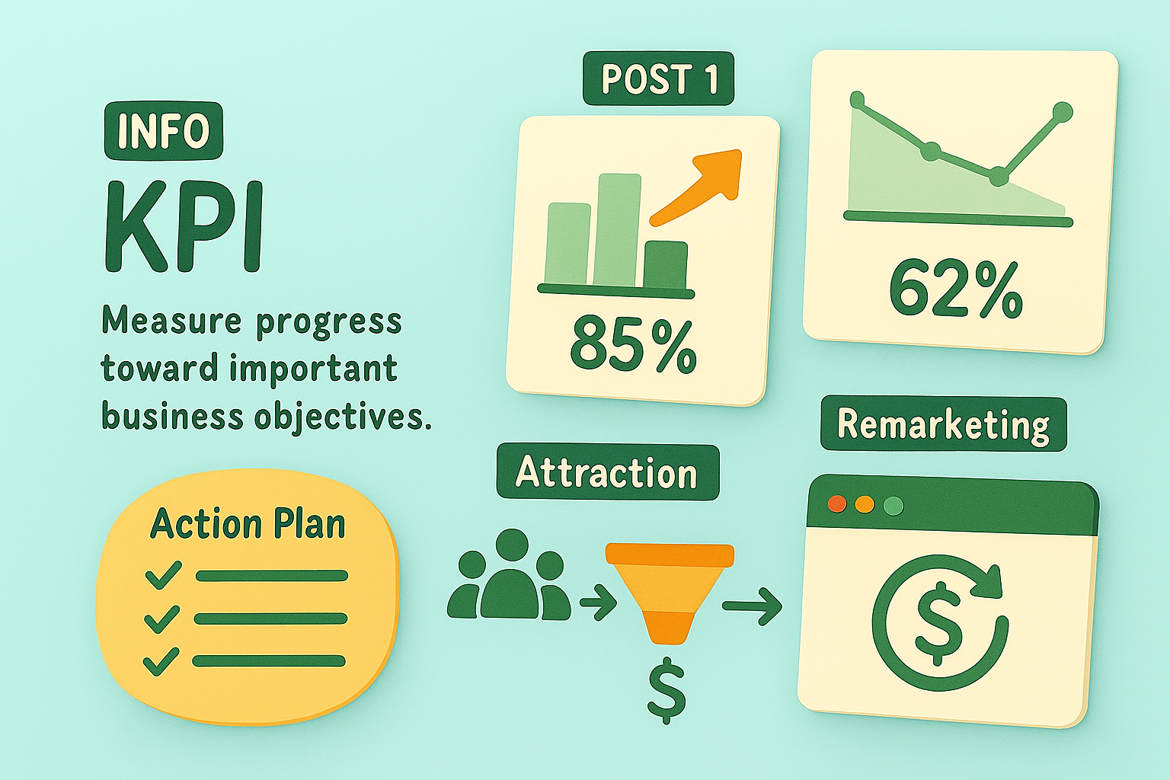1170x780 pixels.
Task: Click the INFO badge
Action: [164, 130]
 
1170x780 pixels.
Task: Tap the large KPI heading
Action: [184, 226]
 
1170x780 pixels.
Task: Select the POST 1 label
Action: [659, 78]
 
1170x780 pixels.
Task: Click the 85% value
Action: [633, 345]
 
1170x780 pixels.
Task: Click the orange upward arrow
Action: [695, 187]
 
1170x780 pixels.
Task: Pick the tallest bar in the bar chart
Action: [618, 230]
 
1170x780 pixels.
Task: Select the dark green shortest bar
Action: [666, 265]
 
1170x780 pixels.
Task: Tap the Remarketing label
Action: [943, 424]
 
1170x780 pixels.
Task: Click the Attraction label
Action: [607, 472]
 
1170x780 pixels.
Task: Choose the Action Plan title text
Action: [248, 523]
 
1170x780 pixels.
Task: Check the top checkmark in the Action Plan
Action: [164, 574]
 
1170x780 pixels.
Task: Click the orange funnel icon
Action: [670, 593]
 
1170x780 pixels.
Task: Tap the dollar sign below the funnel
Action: [666, 690]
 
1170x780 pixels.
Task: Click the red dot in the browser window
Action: [837, 504]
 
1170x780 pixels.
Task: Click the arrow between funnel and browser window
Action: [752, 606]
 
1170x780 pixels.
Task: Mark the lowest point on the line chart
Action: [998, 177]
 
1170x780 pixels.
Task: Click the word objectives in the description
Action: [344, 417]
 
